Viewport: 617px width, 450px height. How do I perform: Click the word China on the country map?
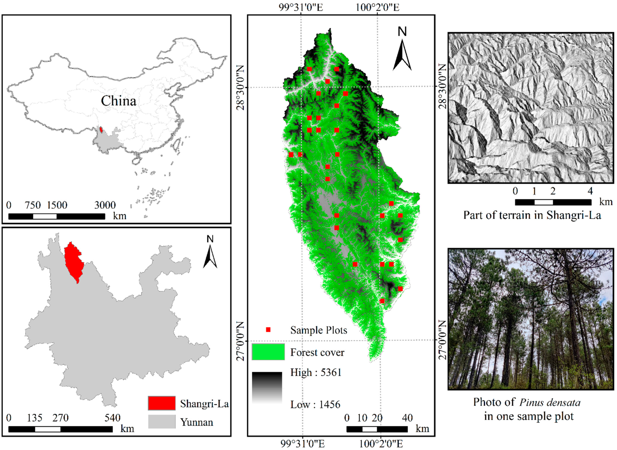119,101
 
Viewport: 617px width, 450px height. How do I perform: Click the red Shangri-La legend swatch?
162,403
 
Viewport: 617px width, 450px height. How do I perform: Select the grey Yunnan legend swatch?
162,422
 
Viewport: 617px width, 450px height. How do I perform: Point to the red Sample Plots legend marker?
268,330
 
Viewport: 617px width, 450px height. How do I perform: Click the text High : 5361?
316,372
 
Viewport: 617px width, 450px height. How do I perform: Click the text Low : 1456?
315,405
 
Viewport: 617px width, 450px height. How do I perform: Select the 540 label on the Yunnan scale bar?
112,418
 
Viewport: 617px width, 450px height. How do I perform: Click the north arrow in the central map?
402,52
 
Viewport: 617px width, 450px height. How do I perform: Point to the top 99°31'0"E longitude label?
301,7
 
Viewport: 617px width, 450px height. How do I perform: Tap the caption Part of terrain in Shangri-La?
532,215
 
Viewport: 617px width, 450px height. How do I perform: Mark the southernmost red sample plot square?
382,301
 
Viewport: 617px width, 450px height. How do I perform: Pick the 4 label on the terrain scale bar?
590,191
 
